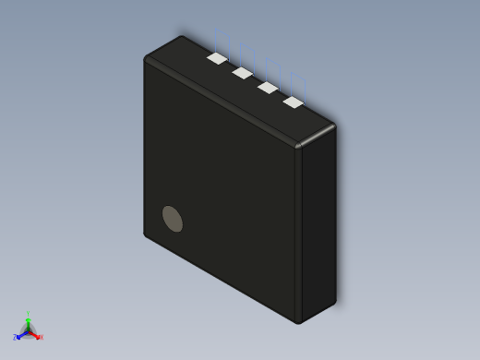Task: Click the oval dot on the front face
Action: click(x=173, y=219)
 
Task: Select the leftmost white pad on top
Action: click(x=217, y=58)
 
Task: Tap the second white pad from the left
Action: click(x=243, y=72)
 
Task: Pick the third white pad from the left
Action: click(x=268, y=88)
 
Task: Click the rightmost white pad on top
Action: click(x=294, y=102)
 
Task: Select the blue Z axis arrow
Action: click(x=19, y=335)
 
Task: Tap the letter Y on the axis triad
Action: click(x=28, y=314)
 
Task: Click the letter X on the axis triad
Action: click(x=41, y=337)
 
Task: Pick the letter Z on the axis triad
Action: click(x=14, y=338)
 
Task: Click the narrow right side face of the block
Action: click(x=318, y=222)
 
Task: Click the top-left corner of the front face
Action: click(x=146, y=60)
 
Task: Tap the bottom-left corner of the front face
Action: click(x=146, y=234)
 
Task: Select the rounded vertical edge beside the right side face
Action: click(x=298, y=231)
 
